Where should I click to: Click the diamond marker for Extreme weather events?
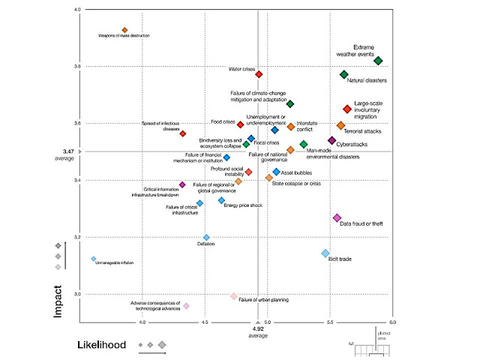pos(378,61)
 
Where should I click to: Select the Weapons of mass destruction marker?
pos(124,30)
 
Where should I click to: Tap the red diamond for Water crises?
pos(259,74)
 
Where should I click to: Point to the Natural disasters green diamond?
pos(343,74)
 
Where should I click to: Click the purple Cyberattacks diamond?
pos(332,140)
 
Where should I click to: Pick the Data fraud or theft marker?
pos(337,217)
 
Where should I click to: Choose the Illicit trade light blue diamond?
pos(325,253)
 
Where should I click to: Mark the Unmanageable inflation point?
pos(94,259)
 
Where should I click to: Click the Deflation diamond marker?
pos(206,238)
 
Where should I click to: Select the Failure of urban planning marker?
pos(234,296)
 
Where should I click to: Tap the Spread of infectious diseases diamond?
pos(182,133)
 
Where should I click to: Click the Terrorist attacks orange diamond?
pos(341,125)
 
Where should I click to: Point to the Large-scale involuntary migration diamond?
pos(347,109)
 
